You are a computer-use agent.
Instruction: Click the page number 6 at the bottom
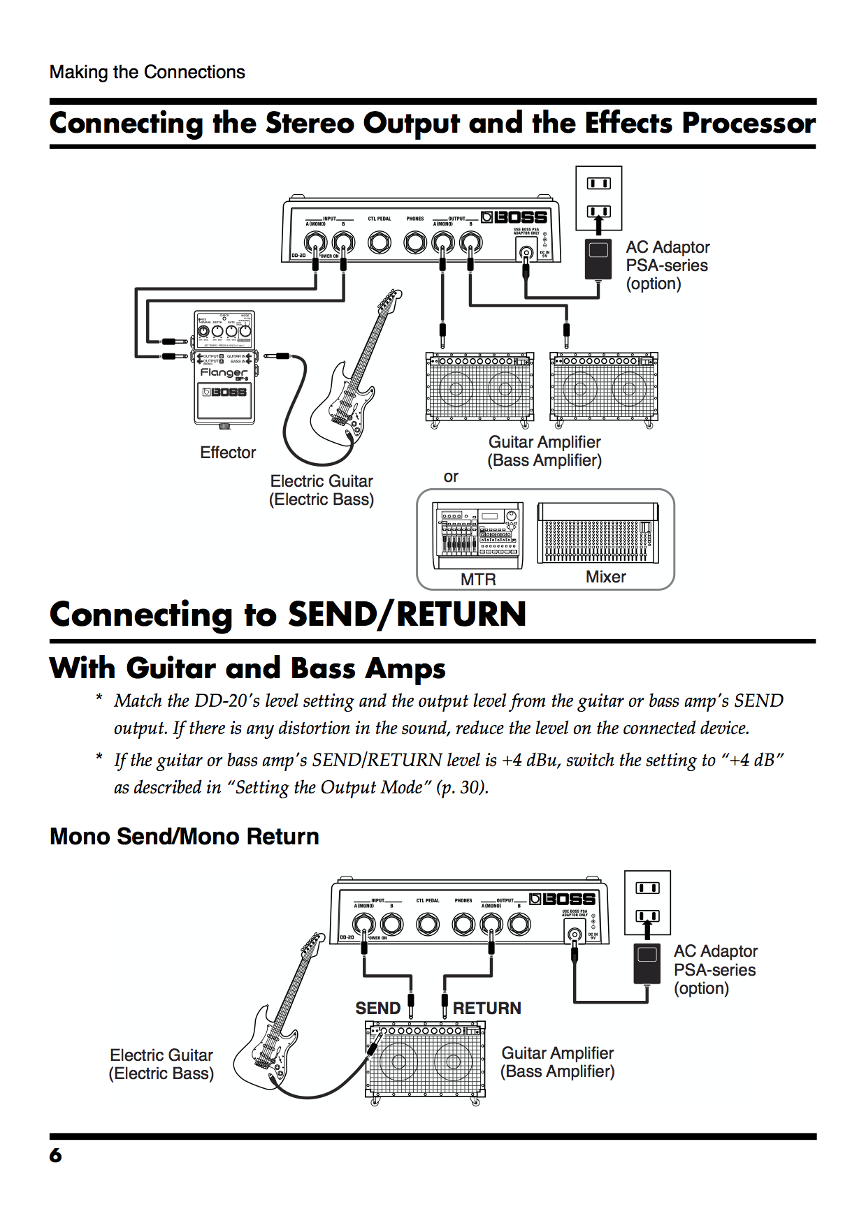(56, 1155)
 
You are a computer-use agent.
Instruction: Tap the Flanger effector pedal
(224, 368)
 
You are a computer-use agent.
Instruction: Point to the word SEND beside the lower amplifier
(377, 1008)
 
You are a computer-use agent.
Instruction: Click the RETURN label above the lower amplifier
(487, 1008)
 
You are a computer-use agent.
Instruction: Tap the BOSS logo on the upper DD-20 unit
(514, 217)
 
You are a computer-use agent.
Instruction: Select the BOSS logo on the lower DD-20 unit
(563, 899)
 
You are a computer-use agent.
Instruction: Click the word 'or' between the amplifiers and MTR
(451, 477)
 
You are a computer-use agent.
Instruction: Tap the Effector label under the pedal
(228, 453)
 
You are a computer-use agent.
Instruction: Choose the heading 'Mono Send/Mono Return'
(185, 836)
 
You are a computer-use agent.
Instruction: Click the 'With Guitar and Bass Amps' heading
(247, 668)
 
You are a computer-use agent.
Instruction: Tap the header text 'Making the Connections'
(147, 72)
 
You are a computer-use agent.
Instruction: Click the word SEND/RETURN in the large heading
(407, 615)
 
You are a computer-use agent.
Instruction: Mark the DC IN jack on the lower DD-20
(575, 934)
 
